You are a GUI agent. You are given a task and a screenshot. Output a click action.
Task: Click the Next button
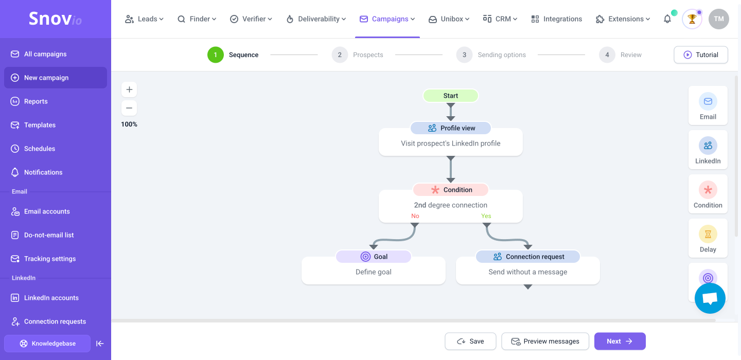[620, 341]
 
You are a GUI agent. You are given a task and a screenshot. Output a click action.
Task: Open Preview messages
[545, 341]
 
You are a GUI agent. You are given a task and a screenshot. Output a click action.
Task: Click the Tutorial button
[701, 55]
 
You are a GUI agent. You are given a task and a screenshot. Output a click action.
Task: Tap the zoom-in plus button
[129, 89]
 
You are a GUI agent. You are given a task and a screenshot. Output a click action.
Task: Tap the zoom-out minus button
[129, 108]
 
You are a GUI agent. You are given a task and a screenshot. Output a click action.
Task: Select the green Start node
[451, 96]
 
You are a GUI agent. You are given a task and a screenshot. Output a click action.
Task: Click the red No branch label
[415, 216]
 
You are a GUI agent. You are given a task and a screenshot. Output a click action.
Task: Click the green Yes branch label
[486, 216]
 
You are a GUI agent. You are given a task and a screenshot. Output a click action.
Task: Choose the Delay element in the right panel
[708, 238]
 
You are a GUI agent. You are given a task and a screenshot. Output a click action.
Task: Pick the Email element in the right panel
[708, 106]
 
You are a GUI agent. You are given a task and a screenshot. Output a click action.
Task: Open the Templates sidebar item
[40, 125]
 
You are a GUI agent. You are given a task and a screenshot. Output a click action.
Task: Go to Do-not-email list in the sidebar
[48, 235]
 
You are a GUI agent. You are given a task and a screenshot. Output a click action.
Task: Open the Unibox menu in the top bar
[449, 19]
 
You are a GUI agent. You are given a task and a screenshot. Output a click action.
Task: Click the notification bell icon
[667, 19]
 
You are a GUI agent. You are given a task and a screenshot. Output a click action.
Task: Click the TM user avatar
[718, 19]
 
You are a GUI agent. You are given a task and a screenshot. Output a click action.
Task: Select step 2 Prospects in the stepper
[357, 55]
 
